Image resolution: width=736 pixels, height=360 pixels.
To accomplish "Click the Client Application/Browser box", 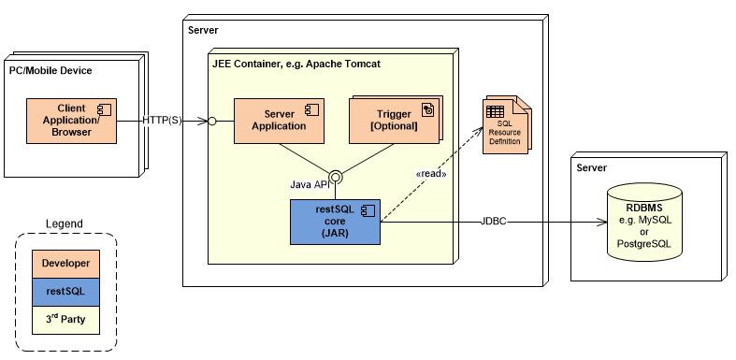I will [72, 122].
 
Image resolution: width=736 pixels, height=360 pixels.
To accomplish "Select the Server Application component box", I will [280, 120].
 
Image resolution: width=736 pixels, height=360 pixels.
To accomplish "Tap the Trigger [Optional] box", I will [394, 120].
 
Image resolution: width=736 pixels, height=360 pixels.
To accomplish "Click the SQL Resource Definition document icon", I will [505, 126].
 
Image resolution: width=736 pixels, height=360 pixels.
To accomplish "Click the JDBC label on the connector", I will [495, 222].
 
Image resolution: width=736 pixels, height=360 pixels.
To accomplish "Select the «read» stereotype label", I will [430, 174].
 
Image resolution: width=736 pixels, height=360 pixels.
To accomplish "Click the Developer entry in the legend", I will [65, 264].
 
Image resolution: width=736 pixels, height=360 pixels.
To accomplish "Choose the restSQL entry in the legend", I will [65, 292].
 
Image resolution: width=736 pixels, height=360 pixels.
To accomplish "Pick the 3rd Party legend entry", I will [65, 319].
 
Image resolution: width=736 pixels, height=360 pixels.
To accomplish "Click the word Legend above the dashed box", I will [65, 223].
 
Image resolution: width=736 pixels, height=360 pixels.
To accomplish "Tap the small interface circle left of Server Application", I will [212, 122].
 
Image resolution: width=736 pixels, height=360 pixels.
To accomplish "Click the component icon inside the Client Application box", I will [106, 108].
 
